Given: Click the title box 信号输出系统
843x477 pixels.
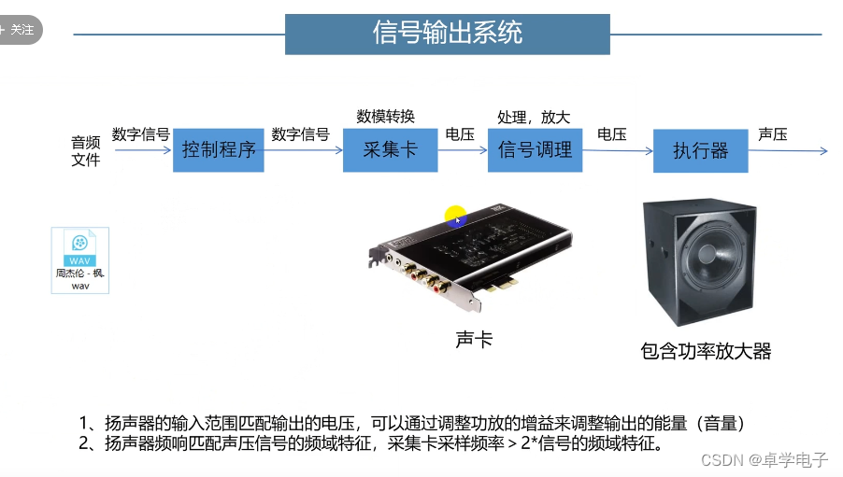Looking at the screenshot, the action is point(447,34).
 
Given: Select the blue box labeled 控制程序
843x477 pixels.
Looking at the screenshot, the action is point(219,149).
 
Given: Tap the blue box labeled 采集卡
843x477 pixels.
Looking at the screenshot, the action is point(390,149).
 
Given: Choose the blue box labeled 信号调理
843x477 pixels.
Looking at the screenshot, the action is point(535,149).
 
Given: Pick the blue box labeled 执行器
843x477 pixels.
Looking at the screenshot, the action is point(700,151).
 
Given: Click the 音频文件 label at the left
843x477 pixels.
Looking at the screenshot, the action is point(86,150).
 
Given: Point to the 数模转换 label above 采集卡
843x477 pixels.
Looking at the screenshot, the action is point(385,116).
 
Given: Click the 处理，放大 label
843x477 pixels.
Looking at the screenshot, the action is point(534,117).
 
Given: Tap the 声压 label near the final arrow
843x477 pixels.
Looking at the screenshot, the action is point(773,134).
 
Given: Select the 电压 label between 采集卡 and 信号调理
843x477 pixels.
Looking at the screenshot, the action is point(460,134).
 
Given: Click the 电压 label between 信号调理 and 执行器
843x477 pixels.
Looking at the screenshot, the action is point(611,134).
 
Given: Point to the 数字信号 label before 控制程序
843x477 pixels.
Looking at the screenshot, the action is point(140,134).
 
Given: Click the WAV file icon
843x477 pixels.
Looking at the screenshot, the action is point(79,260).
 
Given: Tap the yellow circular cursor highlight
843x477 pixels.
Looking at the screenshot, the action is point(455,217).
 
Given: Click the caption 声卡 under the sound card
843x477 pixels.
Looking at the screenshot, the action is point(474,340).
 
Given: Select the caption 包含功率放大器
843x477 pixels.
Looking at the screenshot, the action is point(706,351).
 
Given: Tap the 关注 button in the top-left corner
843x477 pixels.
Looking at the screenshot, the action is point(20,29).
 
